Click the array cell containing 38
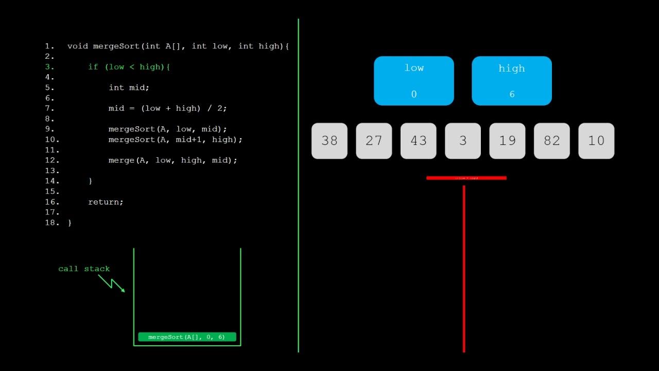tap(329, 141)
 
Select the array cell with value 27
tap(374, 141)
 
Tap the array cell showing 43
tap(418, 141)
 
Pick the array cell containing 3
tap(463, 141)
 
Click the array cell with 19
tap(507, 141)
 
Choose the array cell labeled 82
tap(551, 141)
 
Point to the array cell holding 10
tap(596, 141)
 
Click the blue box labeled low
tap(414, 81)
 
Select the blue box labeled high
tap(512, 81)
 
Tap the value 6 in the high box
tap(512, 94)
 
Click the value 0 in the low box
tap(414, 94)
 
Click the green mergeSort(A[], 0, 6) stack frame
tap(187, 337)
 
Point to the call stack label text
tap(84, 268)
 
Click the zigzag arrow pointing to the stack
tap(112, 283)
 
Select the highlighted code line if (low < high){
tap(129, 67)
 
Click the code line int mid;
tap(129, 88)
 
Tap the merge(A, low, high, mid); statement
tap(173, 160)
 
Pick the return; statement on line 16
tap(106, 202)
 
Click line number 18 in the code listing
tap(52, 223)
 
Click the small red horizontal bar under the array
tap(466, 178)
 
